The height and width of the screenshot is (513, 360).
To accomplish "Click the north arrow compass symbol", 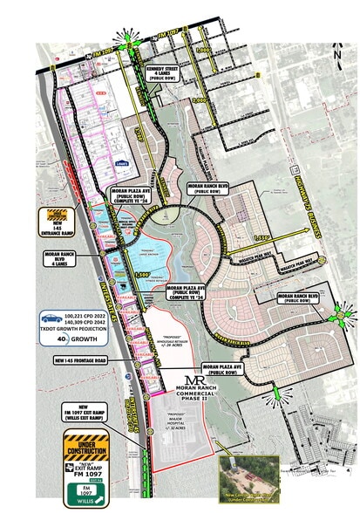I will (337, 53).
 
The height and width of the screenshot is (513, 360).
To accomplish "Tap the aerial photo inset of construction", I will (248, 477).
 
